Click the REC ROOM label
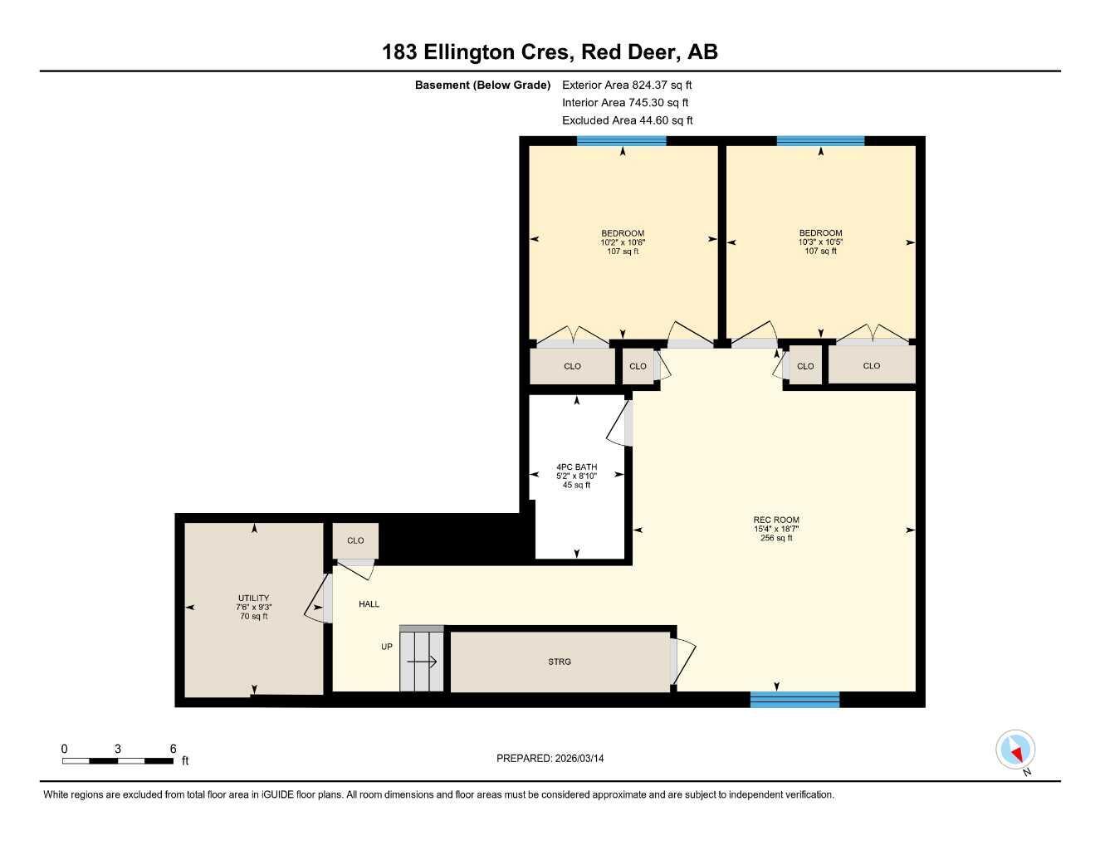point(776,520)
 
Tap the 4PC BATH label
point(576,467)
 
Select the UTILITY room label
point(253,598)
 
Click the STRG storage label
point(560,662)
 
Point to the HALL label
point(369,604)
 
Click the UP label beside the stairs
point(387,647)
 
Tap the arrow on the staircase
point(422,662)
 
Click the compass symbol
point(1014,750)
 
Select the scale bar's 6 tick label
point(173,749)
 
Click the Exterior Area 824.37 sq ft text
point(627,85)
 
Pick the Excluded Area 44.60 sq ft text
point(627,120)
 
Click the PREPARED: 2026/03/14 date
point(550,759)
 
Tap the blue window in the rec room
point(794,700)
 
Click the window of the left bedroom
point(621,141)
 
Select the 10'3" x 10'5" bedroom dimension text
point(820,242)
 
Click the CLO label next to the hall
point(355,540)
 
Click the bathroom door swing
point(619,424)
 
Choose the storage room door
point(682,661)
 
